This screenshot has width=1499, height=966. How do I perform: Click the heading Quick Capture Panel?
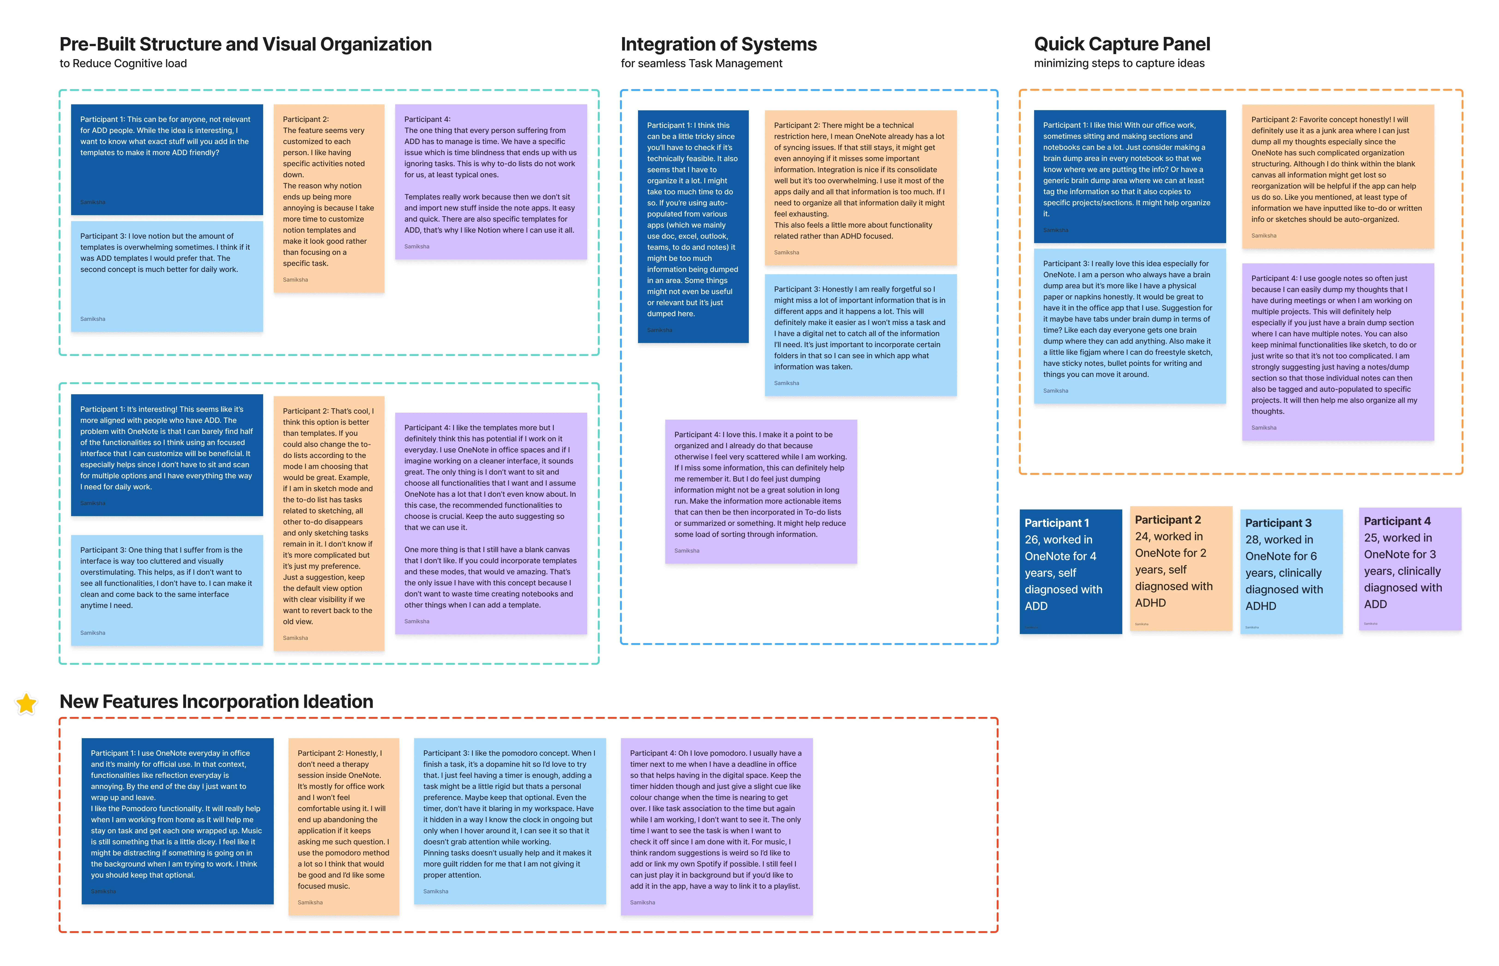(x=1121, y=44)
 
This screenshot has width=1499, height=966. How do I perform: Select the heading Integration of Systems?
(x=718, y=44)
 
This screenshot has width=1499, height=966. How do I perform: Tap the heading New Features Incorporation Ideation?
(x=216, y=701)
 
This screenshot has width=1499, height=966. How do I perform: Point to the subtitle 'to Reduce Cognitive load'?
(x=123, y=63)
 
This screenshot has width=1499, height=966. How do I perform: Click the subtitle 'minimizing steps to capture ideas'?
(x=1119, y=63)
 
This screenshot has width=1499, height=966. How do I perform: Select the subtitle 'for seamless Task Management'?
(x=701, y=63)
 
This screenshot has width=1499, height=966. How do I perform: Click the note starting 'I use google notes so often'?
(x=1337, y=351)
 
